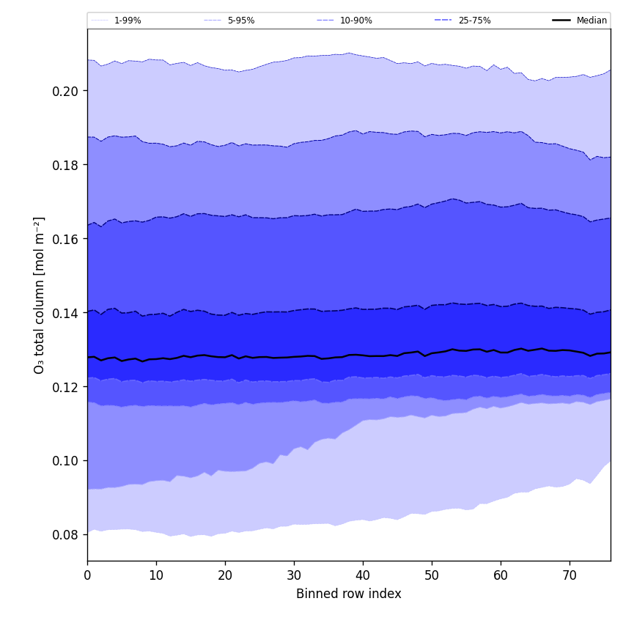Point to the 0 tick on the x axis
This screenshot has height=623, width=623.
(87, 575)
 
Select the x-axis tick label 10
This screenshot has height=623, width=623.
(156, 575)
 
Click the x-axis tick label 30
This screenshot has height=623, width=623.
(294, 575)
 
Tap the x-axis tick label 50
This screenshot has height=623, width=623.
(432, 575)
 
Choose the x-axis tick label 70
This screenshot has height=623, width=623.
(569, 575)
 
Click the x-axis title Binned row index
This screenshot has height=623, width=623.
(349, 594)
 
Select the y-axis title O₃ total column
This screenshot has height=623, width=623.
(40, 295)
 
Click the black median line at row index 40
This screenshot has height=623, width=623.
(363, 355)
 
